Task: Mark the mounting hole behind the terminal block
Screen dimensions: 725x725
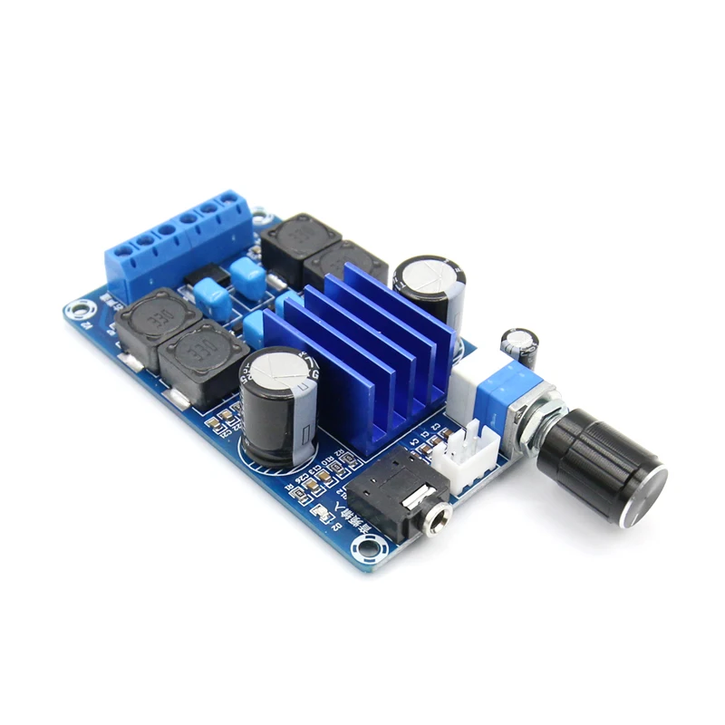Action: (x=263, y=217)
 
